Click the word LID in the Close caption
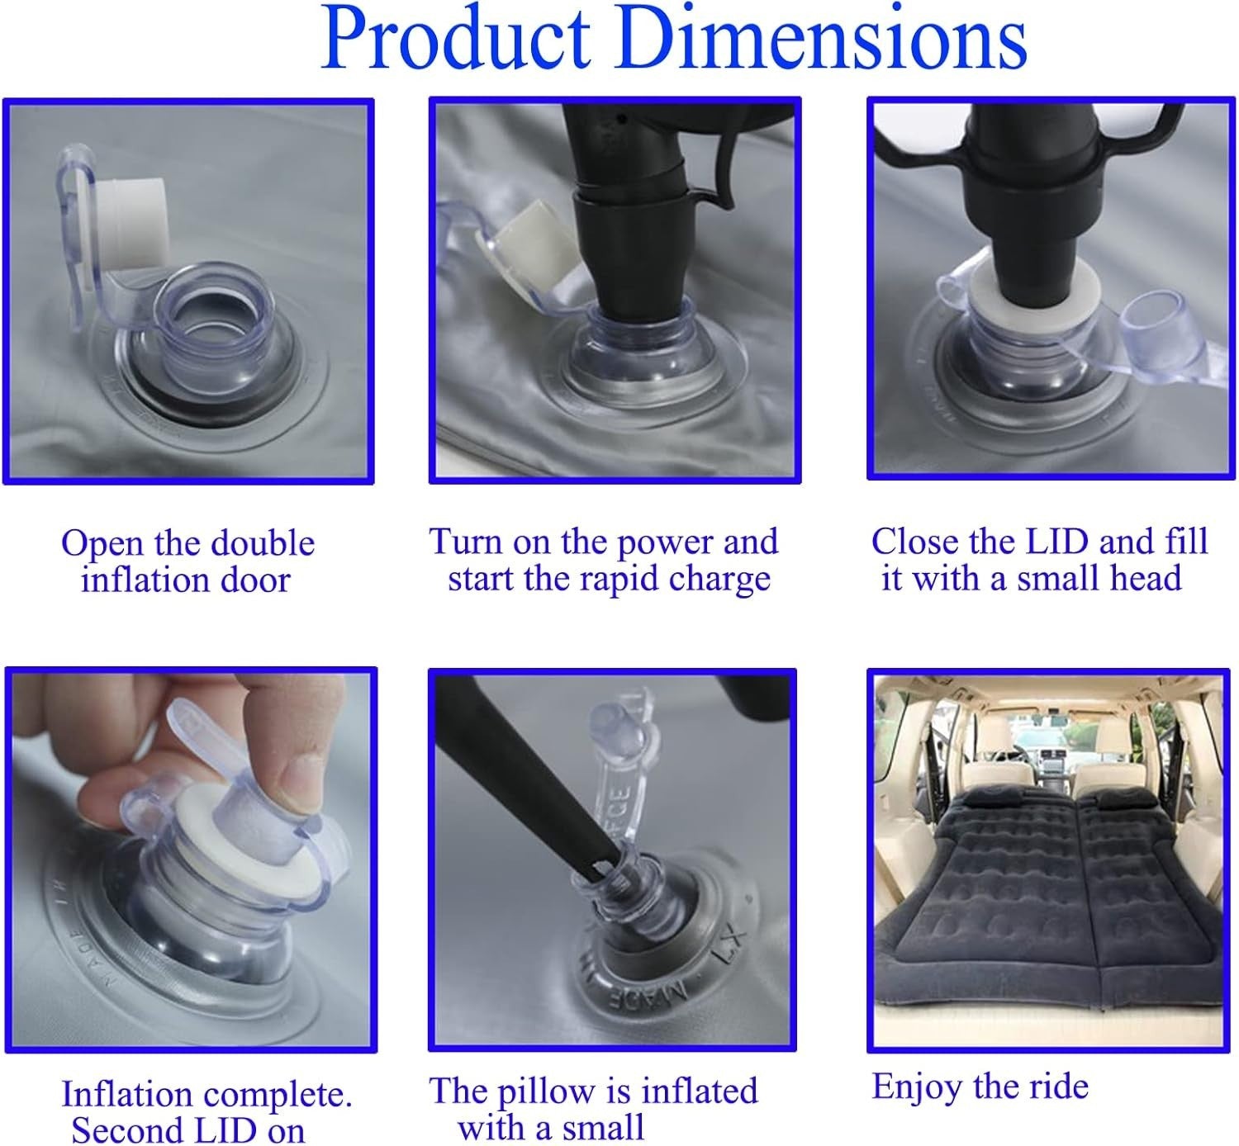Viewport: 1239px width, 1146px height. click(x=1058, y=541)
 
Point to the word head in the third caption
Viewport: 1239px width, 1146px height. click(x=1146, y=578)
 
